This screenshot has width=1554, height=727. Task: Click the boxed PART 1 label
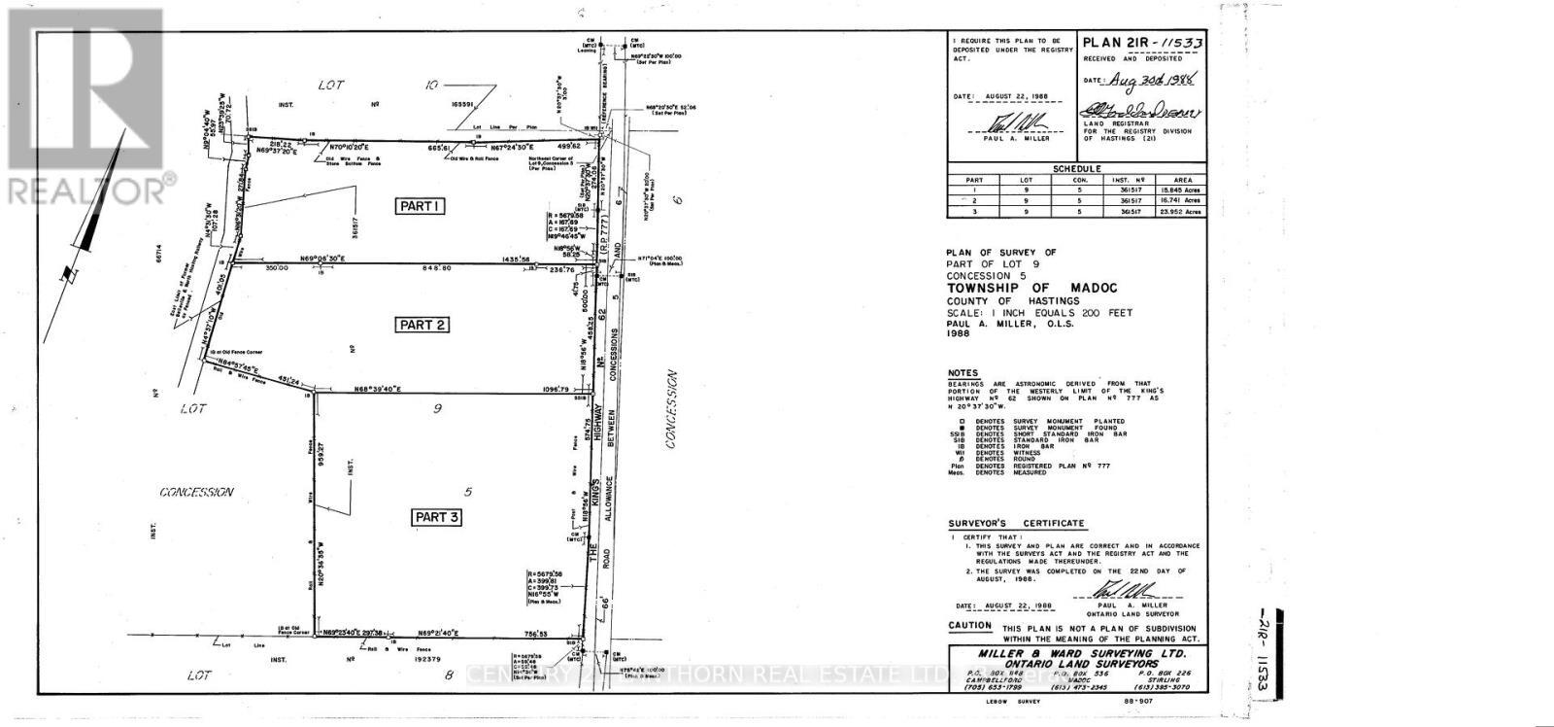point(420,206)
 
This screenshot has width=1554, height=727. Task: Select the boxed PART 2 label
point(422,325)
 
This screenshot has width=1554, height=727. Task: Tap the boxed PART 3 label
point(436,517)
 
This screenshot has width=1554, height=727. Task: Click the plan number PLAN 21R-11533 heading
point(1143,43)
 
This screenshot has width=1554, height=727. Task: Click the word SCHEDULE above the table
point(1076,168)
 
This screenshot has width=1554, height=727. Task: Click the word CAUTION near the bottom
point(971,627)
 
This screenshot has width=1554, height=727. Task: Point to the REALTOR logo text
point(87,189)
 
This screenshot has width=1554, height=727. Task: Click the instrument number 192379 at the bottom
point(425,659)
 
